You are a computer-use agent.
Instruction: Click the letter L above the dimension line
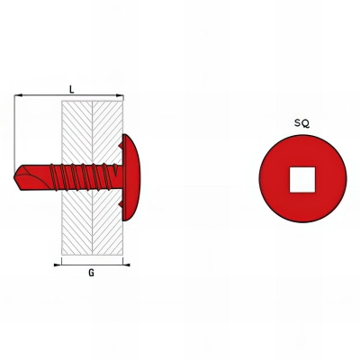(x=71, y=88)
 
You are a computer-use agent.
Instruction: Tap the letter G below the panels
(x=92, y=273)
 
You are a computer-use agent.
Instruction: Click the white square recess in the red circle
(x=302, y=177)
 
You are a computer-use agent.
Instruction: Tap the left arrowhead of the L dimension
(x=18, y=94)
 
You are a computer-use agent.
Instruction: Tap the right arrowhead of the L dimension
(x=120, y=94)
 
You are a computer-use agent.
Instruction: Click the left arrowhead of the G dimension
(x=62, y=264)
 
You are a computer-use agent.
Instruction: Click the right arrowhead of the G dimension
(x=120, y=264)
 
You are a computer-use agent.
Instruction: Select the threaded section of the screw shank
(x=85, y=176)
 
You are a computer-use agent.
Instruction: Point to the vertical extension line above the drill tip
(x=15, y=130)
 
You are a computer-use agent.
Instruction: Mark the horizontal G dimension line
(x=90, y=264)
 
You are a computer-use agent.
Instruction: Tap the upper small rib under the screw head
(x=121, y=142)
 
